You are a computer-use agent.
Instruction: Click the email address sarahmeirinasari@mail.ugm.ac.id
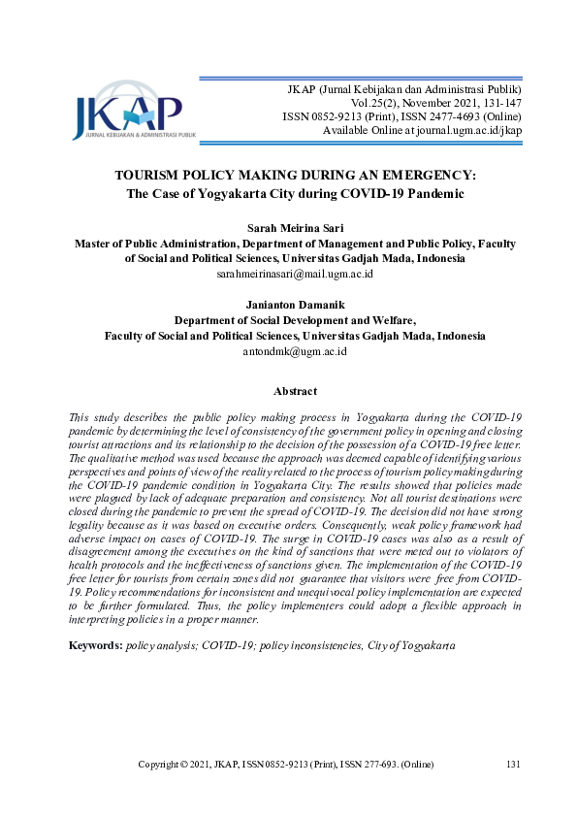[295, 275]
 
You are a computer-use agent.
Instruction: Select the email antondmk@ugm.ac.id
[295, 351]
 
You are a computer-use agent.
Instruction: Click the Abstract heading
[295, 391]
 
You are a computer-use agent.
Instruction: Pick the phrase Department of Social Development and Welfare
[295, 319]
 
